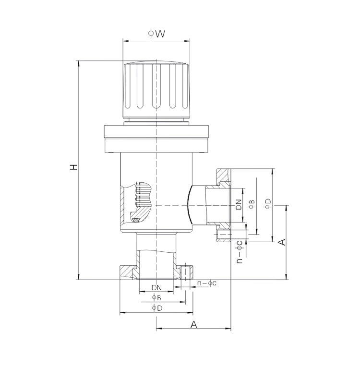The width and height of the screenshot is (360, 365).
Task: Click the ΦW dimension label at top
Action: click(x=156, y=34)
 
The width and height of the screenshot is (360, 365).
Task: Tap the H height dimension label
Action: click(x=73, y=167)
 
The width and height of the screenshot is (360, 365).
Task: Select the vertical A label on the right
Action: click(x=282, y=242)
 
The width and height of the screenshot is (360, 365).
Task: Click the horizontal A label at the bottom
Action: click(x=193, y=324)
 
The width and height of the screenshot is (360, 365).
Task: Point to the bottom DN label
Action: click(x=156, y=288)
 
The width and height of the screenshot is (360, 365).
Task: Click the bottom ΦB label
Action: click(x=156, y=297)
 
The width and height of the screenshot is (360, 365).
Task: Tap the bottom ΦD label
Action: click(x=157, y=308)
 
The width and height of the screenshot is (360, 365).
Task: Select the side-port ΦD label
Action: click(x=268, y=204)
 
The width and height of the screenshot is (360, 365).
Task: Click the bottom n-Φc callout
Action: click(x=207, y=283)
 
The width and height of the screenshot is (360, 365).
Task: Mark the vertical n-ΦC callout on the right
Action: click(x=240, y=252)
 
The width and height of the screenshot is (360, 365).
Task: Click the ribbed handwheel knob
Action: click(x=156, y=91)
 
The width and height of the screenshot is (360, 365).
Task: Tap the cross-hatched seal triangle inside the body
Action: click(x=135, y=220)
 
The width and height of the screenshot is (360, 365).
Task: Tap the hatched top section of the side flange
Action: click(x=223, y=176)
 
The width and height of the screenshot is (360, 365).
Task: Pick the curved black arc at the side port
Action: click(x=189, y=205)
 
